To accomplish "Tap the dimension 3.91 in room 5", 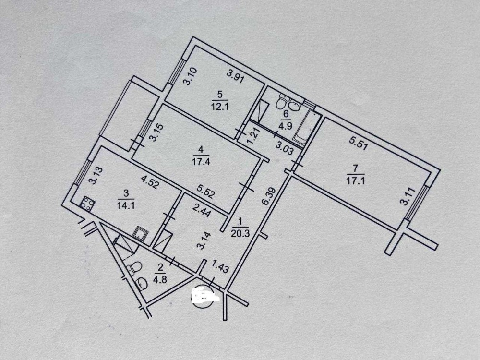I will click(x=236, y=76).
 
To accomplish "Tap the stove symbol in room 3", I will click(x=88, y=204).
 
